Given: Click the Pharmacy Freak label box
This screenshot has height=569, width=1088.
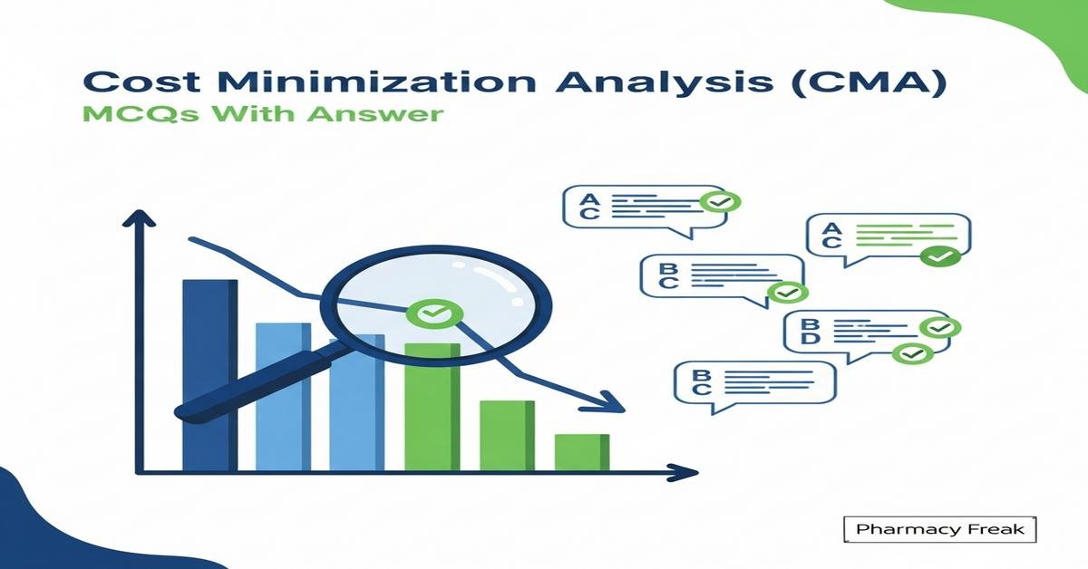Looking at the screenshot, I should [x=938, y=529].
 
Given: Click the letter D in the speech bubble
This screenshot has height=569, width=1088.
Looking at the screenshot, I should [x=810, y=339].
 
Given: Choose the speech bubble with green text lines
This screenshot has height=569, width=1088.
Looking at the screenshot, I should [x=888, y=237].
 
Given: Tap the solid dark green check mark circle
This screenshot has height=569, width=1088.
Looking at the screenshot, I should [x=940, y=257].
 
